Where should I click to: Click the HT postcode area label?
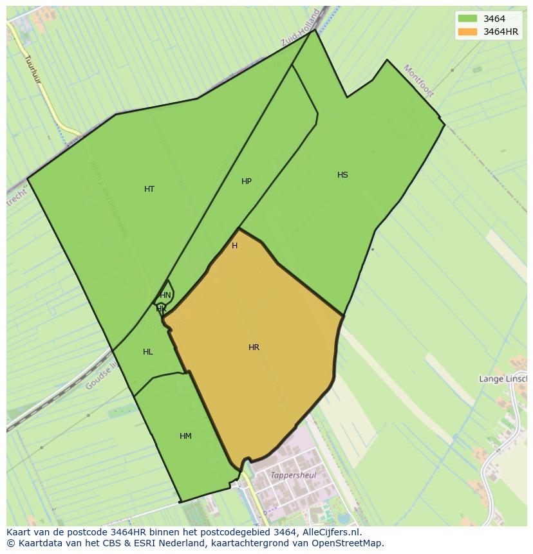pyautogui.click(x=149, y=189)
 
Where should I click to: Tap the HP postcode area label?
pyautogui.click(x=247, y=181)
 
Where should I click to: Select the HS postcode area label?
pyautogui.click(x=342, y=175)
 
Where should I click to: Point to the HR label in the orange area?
pyautogui.click(x=254, y=347)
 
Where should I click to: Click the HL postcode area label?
pyautogui.click(x=148, y=352)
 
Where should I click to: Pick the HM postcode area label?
pyautogui.click(x=185, y=436)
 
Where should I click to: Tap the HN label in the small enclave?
pyautogui.click(x=165, y=295)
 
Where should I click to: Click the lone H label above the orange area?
pyautogui.click(x=234, y=246)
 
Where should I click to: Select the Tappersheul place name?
pyautogui.click(x=294, y=476)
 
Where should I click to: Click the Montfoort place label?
pyautogui.click(x=419, y=80)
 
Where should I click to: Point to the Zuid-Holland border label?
pyautogui.click(x=301, y=28)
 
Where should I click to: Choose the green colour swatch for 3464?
pyautogui.click(x=468, y=19)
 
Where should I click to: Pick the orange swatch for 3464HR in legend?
pyautogui.click(x=468, y=32)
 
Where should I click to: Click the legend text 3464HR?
pyautogui.click(x=501, y=32)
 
